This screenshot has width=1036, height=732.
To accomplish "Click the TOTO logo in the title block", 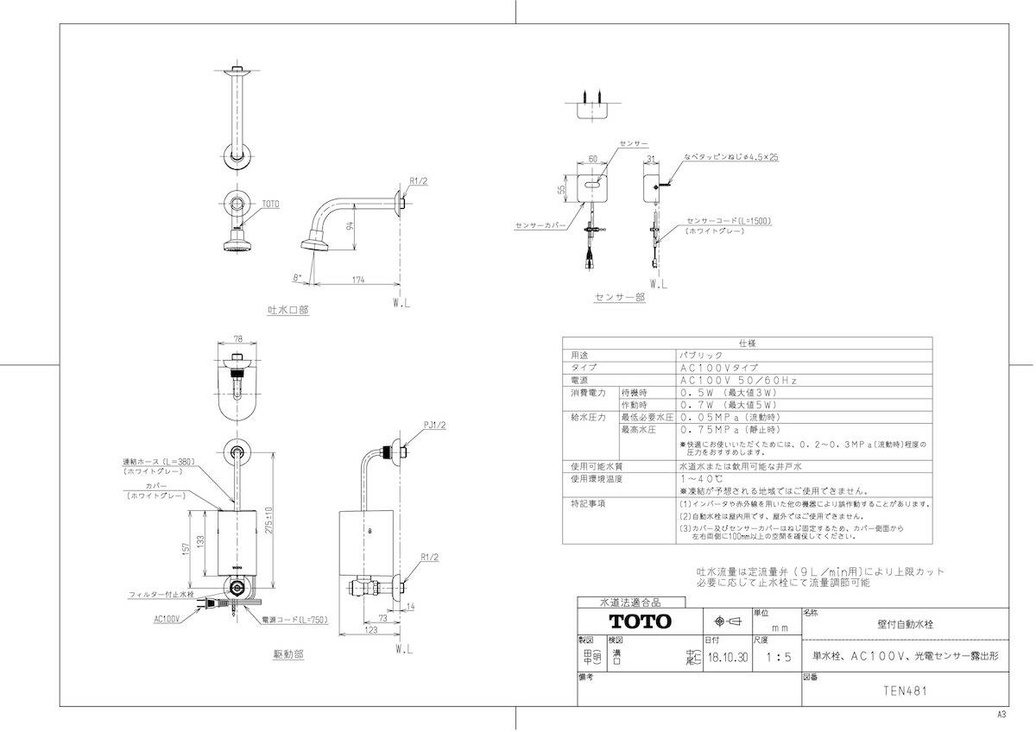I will (x=639, y=622).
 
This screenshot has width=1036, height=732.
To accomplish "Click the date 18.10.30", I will (x=727, y=657).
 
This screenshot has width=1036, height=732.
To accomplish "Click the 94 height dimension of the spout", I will (x=349, y=227).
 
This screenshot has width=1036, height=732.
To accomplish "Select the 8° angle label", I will (x=298, y=278).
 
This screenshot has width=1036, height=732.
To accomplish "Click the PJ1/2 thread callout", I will (x=435, y=424).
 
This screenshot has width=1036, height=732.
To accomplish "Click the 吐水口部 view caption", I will (x=287, y=309).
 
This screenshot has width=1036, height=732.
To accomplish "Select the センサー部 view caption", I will (x=619, y=297).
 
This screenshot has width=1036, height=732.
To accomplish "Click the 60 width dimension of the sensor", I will (x=592, y=159).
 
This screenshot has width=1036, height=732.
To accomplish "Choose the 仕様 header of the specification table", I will (x=747, y=343).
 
